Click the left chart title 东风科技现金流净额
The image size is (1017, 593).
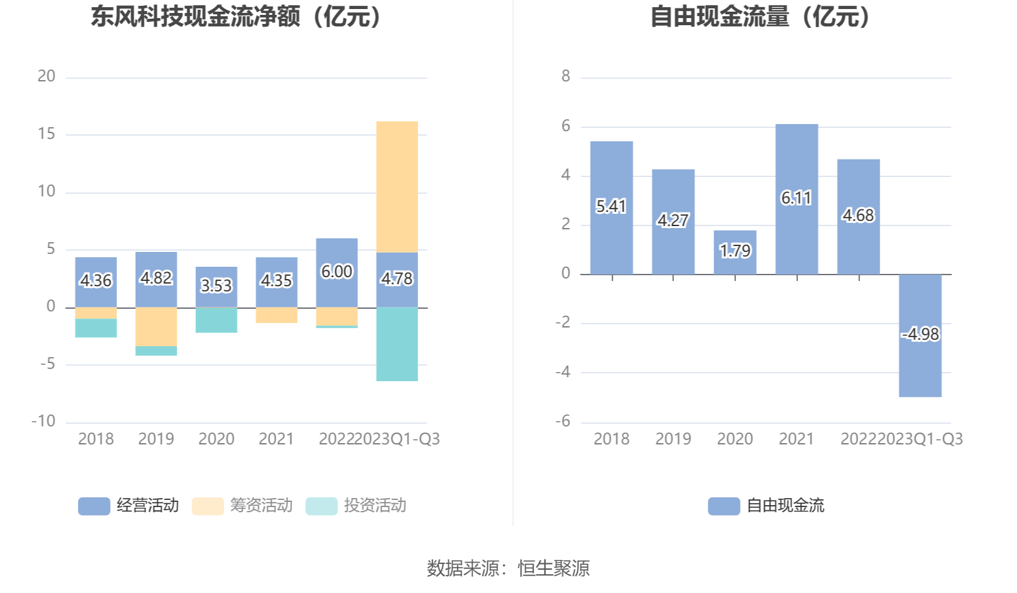pyautogui.click(x=236, y=17)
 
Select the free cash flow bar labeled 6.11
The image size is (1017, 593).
pyautogui.click(x=796, y=199)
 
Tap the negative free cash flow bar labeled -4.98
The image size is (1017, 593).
pyautogui.click(x=919, y=335)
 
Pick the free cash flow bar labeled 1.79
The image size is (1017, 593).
pyautogui.click(x=735, y=252)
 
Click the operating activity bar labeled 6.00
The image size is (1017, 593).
pyautogui.click(x=337, y=272)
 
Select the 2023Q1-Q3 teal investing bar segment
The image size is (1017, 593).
pyautogui.click(x=397, y=344)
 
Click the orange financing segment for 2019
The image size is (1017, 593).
pyautogui.click(x=156, y=326)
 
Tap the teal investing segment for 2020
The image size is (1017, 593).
pyautogui.click(x=216, y=320)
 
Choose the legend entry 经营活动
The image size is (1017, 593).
pyautogui.click(x=129, y=506)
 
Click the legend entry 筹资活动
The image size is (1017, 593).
pyautogui.click(x=242, y=506)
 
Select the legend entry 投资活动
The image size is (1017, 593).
pyautogui.click(x=356, y=506)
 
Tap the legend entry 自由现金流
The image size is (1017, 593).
pyautogui.click(x=766, y=506)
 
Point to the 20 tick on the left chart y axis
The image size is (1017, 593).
pyautogui.click(x=47, y=76)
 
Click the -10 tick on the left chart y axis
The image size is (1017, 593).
pyautogui.click(x=44, y=421)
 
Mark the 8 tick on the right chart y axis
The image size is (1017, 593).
pyautogui.click(x=566, y=76)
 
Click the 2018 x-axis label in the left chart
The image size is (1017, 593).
pyautogui.click(x=96, y=439)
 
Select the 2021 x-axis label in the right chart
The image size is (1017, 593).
pyautogui.click(x=796, y=439)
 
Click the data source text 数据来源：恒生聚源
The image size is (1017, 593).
pyautogui.click(x=508, y=568)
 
